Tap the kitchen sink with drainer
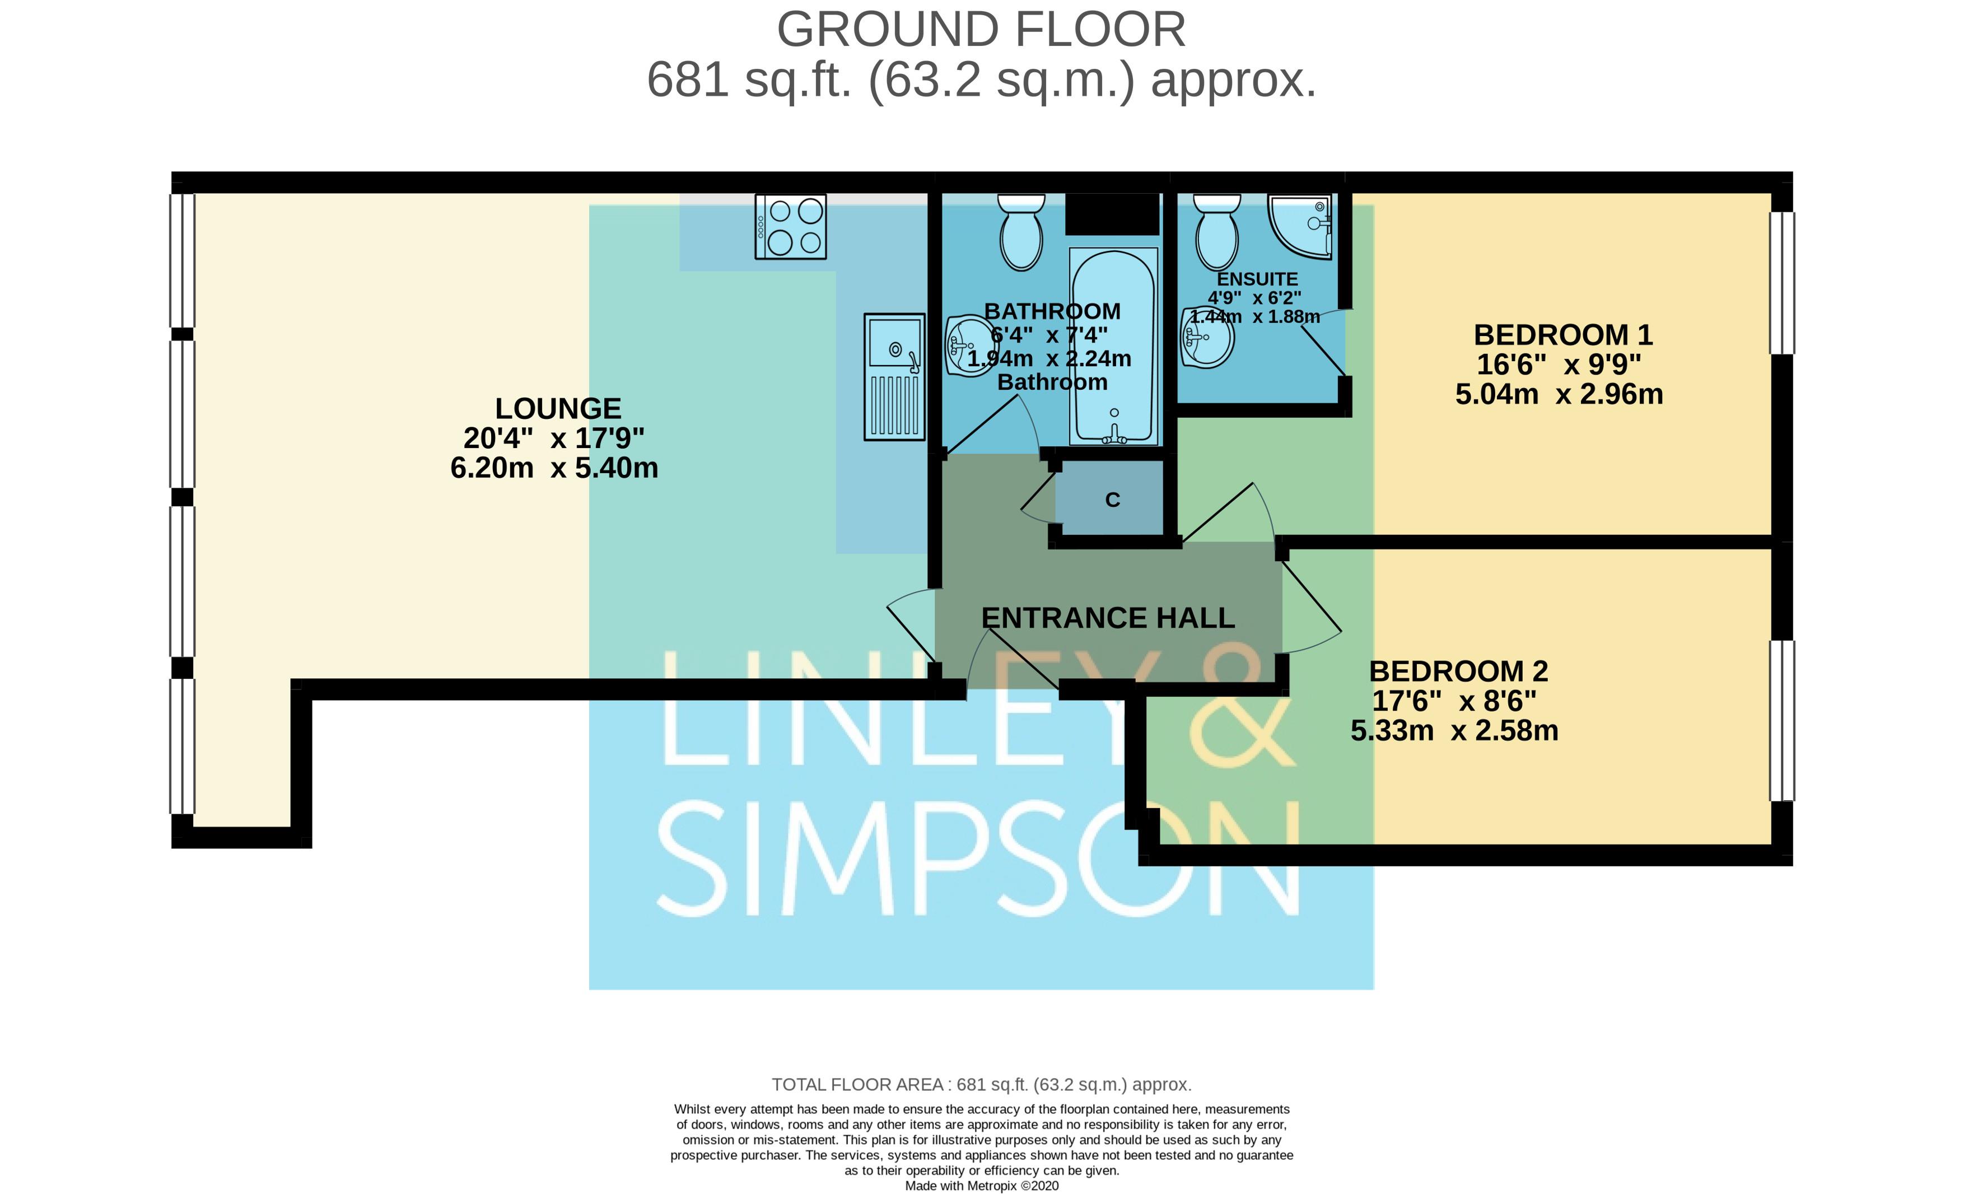point(894,376)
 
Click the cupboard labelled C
point(1113,499)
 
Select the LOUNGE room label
point(558,408)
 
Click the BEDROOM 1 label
point(1563,335)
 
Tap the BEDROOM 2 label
point(1458,671)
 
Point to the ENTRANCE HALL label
point(1108,618)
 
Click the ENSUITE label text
point(1257,279)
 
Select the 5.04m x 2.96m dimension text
point(1559,394)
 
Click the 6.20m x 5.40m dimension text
point(555,467)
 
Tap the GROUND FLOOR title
point(981,30)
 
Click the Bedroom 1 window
point(1782,283)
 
